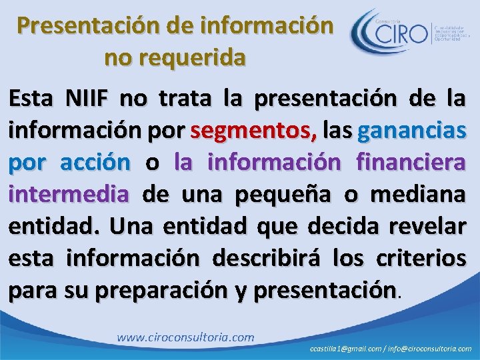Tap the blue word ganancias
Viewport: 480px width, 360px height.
coord(411,131)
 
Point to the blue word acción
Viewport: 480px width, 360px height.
coord(95,162)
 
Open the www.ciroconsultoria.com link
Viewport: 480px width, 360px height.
coord(185,337)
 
